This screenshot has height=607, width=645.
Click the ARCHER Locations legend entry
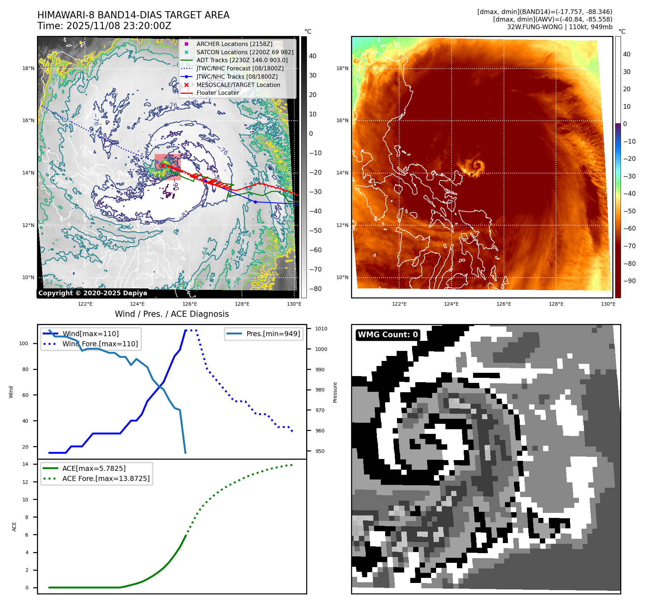pyautogui.click(x=234, y=44)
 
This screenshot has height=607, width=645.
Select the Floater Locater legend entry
pyautogui.click(x=218, y=93)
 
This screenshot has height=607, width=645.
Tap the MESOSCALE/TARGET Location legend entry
pyautogui.click(x=238, y=85)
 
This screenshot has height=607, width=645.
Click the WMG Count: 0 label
pyautogui.click(x=388, y=335)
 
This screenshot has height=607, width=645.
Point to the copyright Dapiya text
pyautogui.click(x=93, y=293)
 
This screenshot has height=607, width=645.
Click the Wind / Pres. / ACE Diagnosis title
pyautogui.click(x=172, y=314)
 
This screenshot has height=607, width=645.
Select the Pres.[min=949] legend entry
pyautogui.click(x=273, y=334)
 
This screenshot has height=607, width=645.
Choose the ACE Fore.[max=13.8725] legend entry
pyautogui.click(x=106, y=478)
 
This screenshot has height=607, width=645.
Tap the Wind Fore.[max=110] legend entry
pyautogui.click(x=100, y=344)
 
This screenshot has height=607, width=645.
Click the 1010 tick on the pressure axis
pyautogui.click(x=321, y=329)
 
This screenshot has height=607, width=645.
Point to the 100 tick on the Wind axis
pyautogui.click(x=24, y=343)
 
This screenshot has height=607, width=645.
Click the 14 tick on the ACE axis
pyautogui.click(x=25, y=464)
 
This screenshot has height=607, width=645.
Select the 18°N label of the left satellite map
pyautogui.click(x=28, y=68)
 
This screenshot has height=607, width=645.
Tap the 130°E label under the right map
pyautogui.click(x=608, y=304)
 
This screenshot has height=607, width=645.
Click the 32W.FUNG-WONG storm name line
pyautogui.click(x=560, y=27)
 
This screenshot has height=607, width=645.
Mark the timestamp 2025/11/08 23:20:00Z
pyautogui.click(x=118, y=26)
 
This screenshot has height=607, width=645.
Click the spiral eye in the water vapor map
pyautogui.click(x=477, y=166)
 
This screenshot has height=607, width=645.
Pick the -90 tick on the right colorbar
pyautogui.click(x=629, y=281)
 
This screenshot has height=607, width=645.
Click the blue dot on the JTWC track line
pyautogui.click(x=255, y=202)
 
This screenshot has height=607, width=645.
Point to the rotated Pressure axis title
pyautogui.click(x=335, y=392)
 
